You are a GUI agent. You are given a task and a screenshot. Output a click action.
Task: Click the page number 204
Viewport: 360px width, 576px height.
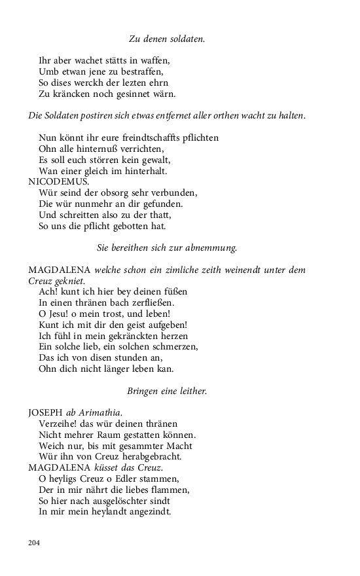click(x=34, y=543)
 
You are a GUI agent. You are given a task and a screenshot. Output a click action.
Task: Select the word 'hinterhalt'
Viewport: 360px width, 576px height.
click(x=145, y=171)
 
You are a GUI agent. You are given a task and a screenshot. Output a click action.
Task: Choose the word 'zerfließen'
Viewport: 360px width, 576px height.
click(x=153, y=302)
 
